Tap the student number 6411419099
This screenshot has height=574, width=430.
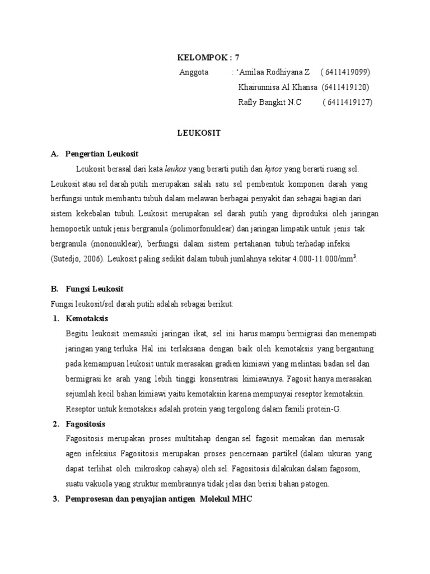click(x=345, y=72)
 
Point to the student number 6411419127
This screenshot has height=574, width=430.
click(x=347, y=102)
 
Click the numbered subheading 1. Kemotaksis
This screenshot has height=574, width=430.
click(x=84, y=318)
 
